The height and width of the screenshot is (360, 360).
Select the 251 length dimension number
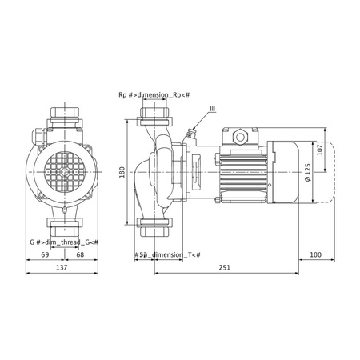point(224,267)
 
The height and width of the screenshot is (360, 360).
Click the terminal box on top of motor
point(241,138)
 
